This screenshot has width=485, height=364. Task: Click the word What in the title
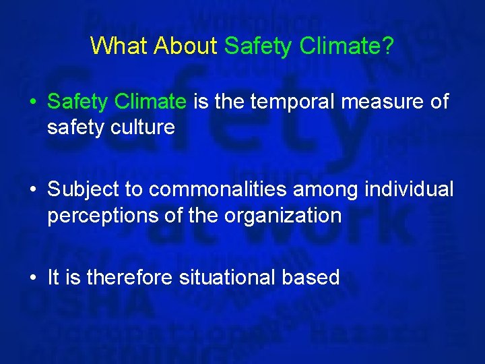point(119,46)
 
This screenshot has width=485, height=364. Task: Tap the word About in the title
point(185,46)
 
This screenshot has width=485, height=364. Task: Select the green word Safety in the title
point(255,46)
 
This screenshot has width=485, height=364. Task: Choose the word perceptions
point(101,216)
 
